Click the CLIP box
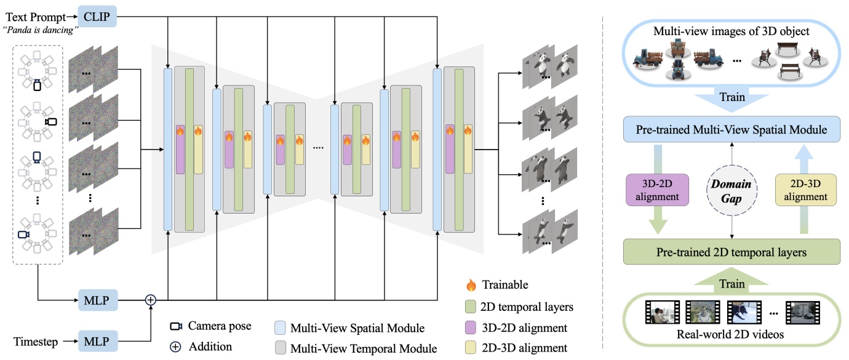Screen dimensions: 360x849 97,15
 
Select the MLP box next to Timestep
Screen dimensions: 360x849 97,340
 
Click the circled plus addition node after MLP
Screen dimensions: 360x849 151,300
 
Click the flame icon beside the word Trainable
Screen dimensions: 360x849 472,285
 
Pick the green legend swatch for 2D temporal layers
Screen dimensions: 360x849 472,306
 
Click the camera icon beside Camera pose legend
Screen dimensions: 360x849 176,326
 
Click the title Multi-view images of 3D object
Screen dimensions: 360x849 731,31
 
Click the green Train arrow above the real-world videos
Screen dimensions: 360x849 731,284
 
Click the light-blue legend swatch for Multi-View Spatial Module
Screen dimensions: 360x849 279,327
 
